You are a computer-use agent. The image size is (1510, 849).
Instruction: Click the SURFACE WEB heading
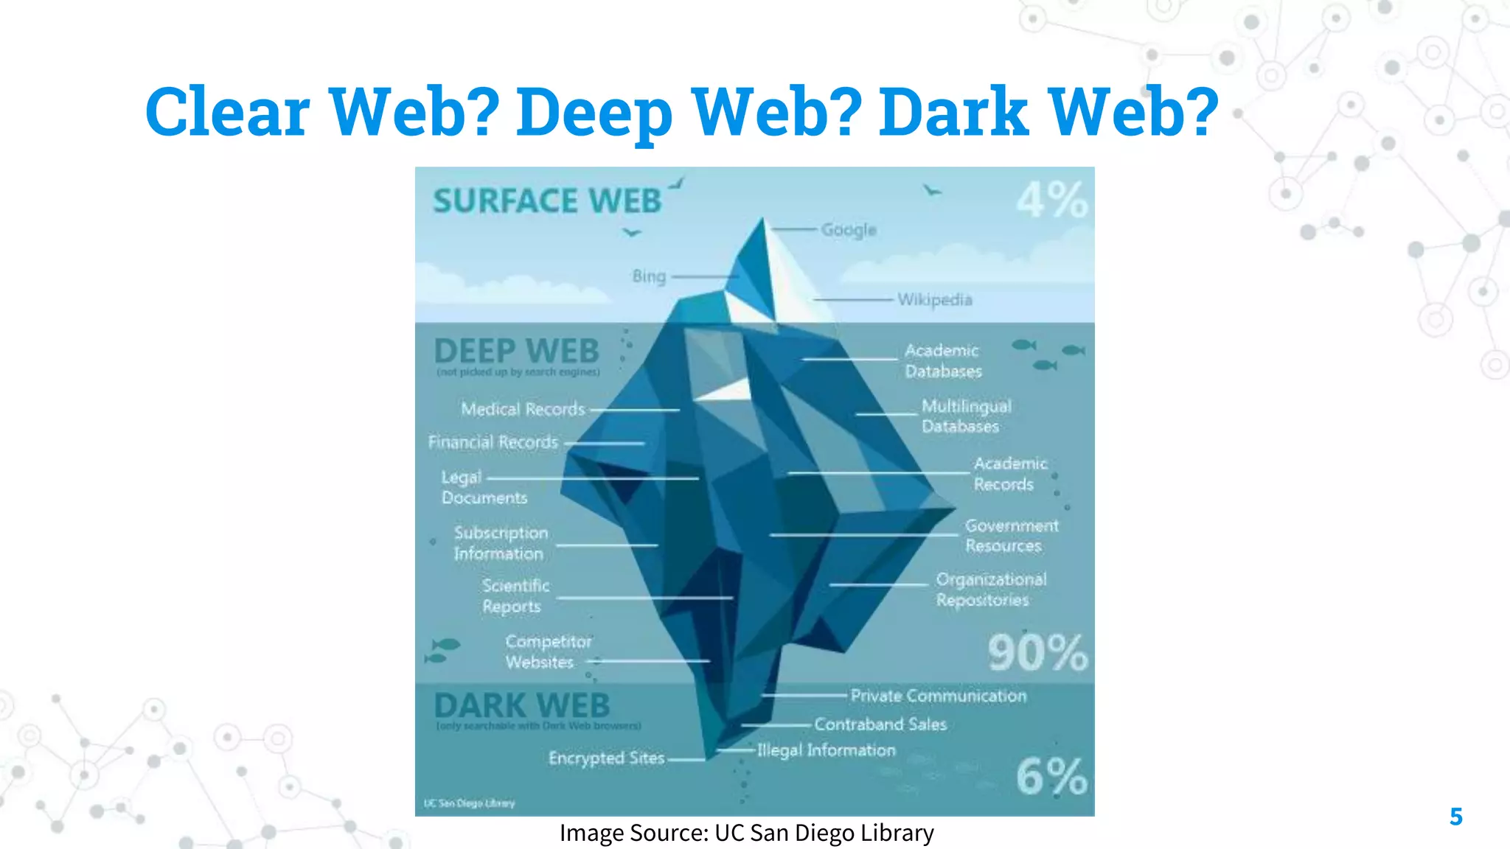click(546, 201)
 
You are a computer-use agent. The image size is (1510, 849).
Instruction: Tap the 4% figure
click(1052, 200)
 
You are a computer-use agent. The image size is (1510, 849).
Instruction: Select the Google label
click(849, 230)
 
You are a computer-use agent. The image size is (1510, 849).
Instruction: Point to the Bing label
click(649, 276)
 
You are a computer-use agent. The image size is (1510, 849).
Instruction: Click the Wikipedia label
click(934, 300)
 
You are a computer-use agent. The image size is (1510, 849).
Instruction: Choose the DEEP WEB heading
click(516, 352)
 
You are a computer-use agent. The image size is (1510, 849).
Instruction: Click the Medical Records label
click(523, 409)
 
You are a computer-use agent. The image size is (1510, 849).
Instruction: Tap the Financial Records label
click(493, 442)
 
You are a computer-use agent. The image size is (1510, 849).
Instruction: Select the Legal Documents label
click(484, 487)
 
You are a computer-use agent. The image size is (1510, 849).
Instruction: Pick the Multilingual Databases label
click(966, 416)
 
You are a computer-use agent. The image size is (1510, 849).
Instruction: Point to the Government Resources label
click(1011, 536)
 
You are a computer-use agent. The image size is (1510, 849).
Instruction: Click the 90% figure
click(1037, 653)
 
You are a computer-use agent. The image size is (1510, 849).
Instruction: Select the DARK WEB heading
click(522, 706)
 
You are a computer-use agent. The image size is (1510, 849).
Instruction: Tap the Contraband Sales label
click(880, 724)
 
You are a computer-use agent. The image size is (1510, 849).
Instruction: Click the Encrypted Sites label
click(606, 758)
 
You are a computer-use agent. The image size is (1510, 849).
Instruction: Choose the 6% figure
click(1051, 776)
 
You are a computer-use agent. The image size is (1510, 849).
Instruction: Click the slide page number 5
click(1455, 817)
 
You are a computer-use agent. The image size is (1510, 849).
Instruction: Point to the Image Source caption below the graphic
click(746, 833)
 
